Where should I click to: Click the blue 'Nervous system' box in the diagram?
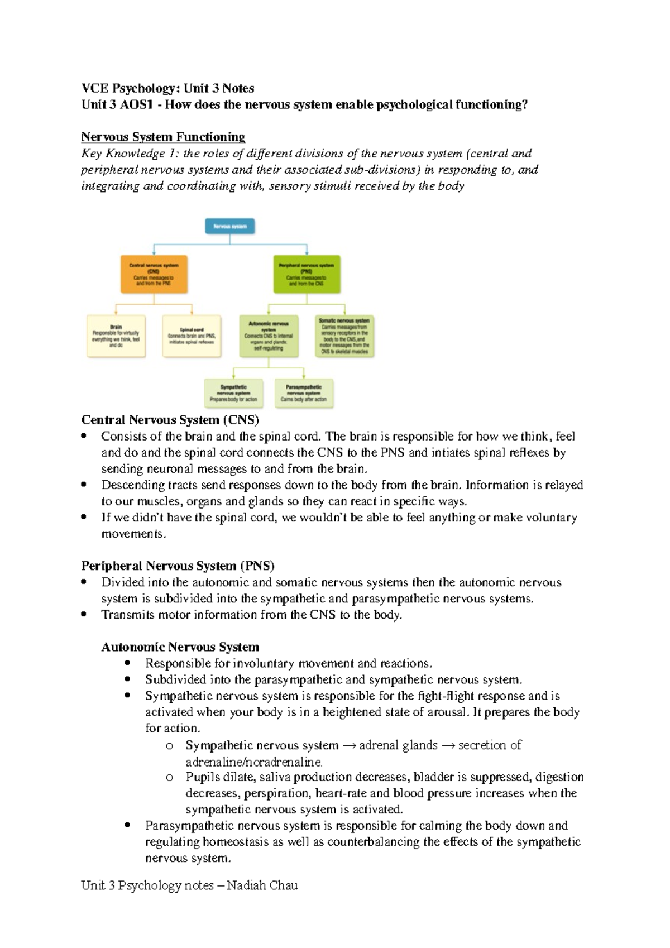pyautogui.click(x=230, y=226)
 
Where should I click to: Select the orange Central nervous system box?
pyautogui.click(x=154, y=274)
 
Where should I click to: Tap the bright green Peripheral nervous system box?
pyautogui.click(x=307, y=274)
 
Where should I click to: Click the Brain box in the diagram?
pyautogui.click(x=116, y=336)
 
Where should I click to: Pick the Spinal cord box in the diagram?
pyautogui.click(x=192, y=336)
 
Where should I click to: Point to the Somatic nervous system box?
pyautogui.click(x=344, y=336)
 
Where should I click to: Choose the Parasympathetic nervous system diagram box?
pyautogui.click(x=304, y=393)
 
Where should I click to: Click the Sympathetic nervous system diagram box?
pyautogui.click(x=233, y=393)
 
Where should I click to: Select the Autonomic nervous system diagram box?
pyautogui.click(x=269, y=336)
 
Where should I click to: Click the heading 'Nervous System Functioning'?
pyautogui.click(x=163, y=137)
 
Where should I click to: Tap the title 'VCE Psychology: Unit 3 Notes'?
pyautogui.click(x=167, y=88)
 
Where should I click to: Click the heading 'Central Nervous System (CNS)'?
pyautogui.click(x=170, y=420)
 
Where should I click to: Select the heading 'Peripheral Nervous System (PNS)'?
pyautogui.click(x=178, y=566)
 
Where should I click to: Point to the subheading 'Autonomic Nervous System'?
pyautogui.click(x=180, y=647)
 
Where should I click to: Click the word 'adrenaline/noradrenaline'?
pyautogui.click(x=253, y=762)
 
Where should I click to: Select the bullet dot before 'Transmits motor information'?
pyautogui.click(x=84, y=614)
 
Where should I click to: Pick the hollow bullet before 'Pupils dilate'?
pyautogui.click(x=170, y=777)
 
